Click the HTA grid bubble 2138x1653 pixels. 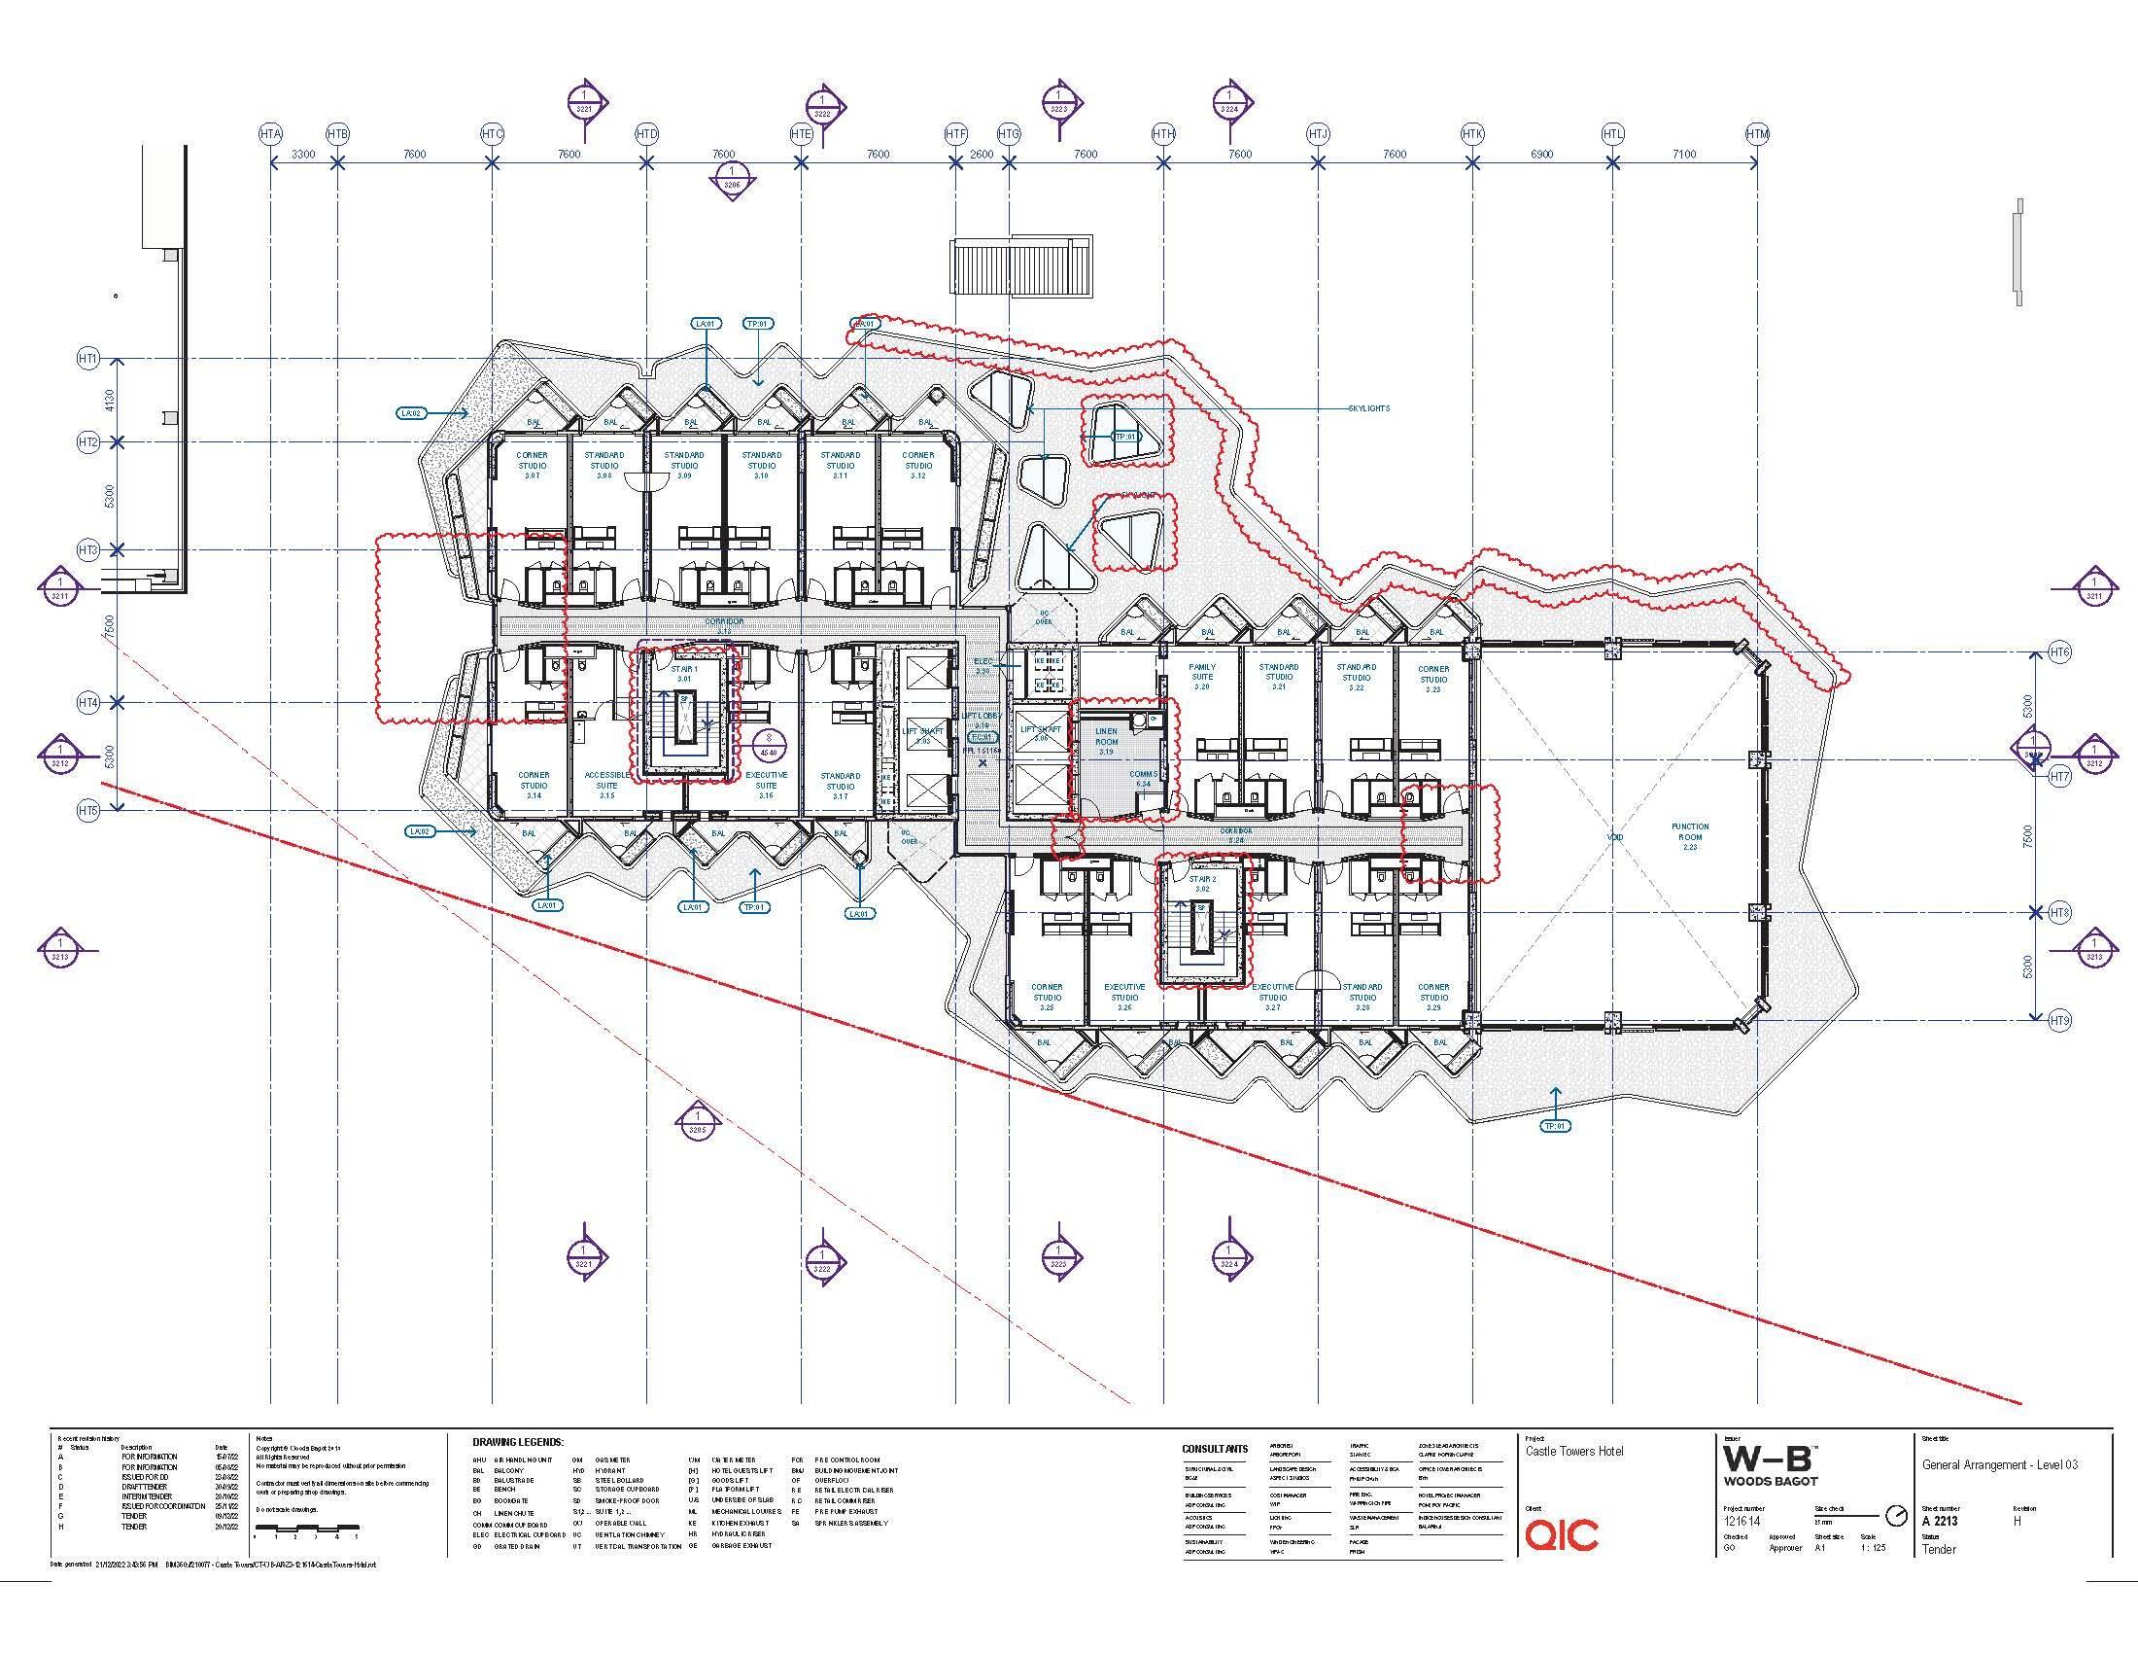pos(271,133)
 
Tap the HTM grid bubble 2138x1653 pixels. pos(1757,133)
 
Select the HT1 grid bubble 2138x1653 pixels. pos(88,360)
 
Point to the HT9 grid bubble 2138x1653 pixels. pos(2059,1020)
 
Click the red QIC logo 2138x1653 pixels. pos(1562,1533)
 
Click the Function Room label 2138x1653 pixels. pos(1690,836)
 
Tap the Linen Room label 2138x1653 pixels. pos(1106,741)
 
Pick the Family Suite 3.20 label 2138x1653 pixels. pos(1202,677)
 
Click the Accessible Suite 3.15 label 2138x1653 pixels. pos(607,786)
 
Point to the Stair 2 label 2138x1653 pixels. pos(1202,884)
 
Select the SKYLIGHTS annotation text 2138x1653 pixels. pos(1367,408)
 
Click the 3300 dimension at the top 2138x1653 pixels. pos(303,154)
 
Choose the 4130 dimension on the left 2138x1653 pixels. pos(110,401)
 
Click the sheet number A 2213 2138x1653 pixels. pos(1940,1521)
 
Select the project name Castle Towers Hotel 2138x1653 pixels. pos(1574,1452)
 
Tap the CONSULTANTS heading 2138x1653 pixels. pos(1215,1449)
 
